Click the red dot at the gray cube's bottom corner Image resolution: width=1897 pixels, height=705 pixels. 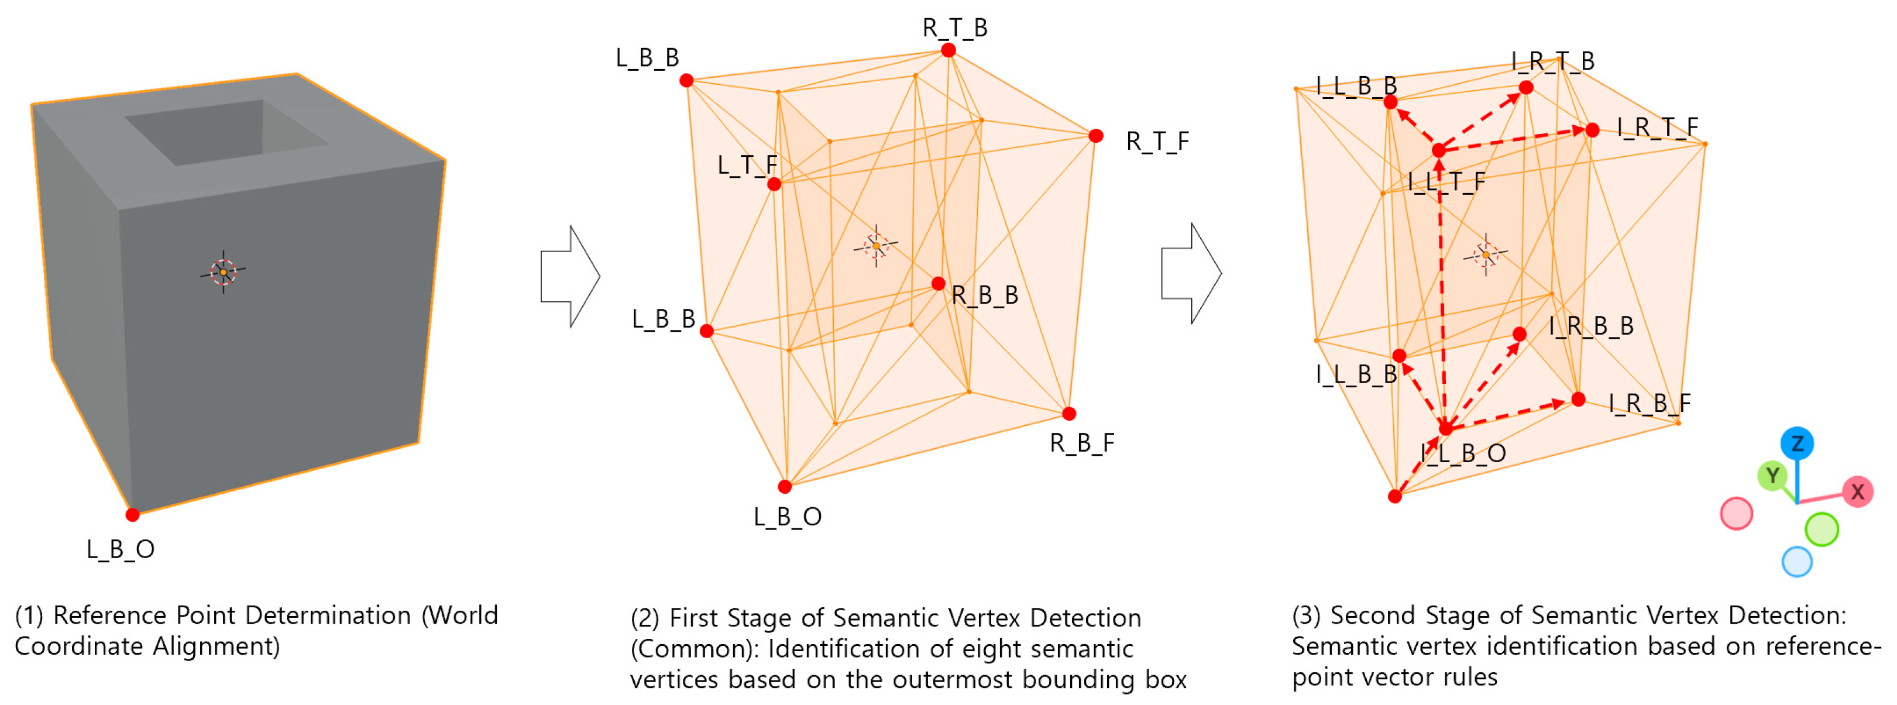pos(133,514)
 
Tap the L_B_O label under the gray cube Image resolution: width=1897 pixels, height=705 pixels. pos(120,549)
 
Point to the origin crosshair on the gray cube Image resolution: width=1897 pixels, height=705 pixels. pos(223,272)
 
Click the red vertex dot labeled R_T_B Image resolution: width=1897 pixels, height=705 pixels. pos(948,50)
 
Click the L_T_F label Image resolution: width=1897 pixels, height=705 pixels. pos(747,165)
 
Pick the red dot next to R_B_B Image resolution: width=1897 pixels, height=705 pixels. pos(938,284)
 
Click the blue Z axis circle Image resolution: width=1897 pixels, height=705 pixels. pos(1797,443)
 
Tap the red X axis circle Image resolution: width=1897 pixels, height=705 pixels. pos(1857,491)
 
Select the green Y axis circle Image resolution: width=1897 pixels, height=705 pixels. pos(1772,476)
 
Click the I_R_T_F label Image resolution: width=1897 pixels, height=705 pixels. pos(1657,128)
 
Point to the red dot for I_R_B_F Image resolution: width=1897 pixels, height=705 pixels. pos(1578,399)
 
